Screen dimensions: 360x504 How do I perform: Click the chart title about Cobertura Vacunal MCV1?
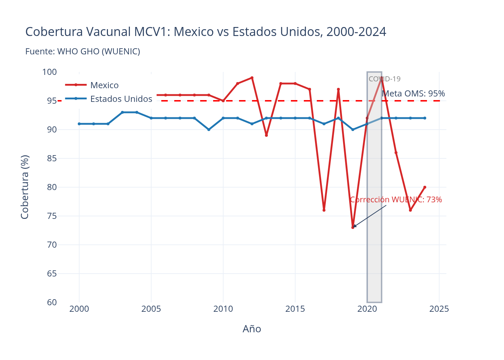click(x=206, y=32)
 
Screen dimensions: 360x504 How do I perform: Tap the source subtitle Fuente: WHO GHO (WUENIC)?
click(x=82, y=51)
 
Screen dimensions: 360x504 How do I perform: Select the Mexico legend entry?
click(x=104, y=85)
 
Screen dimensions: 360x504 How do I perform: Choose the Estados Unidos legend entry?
click(x=121, y=99)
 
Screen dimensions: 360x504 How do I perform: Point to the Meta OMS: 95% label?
click(x=413, y=94)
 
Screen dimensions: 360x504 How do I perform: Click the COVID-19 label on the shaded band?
click(x=384, y=79)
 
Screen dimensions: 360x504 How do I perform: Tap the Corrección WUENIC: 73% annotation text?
click(x=396, y=199)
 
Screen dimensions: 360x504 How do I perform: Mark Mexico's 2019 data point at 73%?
click(x=353, y=228)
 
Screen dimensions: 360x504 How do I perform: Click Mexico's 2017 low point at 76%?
click(x=324, y=210)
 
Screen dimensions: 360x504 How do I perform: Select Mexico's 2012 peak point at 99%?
click(x=252, y=78)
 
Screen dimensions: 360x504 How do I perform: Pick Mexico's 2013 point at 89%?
click(x=266, y=135)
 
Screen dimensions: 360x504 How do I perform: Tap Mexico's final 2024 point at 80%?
click(x=425, y=187)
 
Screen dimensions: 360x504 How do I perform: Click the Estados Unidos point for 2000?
click(x=79, y=124)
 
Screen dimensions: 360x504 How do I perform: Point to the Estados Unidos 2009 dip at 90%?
click(x=209, y=130)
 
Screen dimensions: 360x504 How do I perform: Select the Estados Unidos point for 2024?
click(x=425, y=118)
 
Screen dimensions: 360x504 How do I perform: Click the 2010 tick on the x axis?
click(x=223, y=309)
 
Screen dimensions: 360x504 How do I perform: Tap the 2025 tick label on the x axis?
click(x=439, y=309)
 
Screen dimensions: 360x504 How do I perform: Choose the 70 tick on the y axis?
click(x=52, y=245)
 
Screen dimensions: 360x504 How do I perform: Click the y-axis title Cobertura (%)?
click(x=25, y=187)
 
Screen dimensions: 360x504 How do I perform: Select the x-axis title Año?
click(x=252, y=329)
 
